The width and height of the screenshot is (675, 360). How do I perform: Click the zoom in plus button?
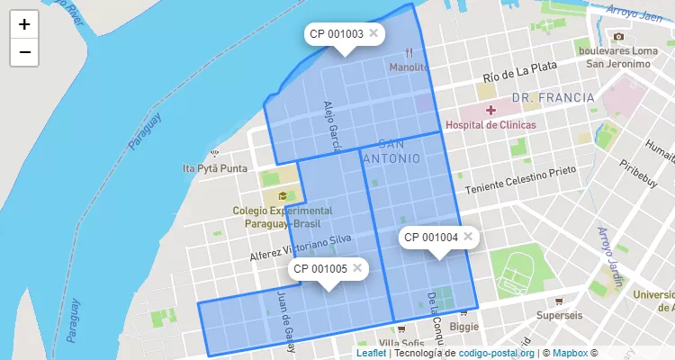click(x=24, y=24)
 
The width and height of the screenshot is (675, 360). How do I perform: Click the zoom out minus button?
click(x=24, y=52)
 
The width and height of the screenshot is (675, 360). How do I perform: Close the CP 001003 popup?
click(x=373, y=33)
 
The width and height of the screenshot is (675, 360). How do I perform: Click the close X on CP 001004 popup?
click(x=468, y=237)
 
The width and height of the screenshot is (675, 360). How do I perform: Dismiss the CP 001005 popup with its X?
click(x=357, y=267)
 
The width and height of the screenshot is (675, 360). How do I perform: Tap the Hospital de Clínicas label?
click(x=490, y=125)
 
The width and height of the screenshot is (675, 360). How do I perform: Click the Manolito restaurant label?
click(x=409, y=67)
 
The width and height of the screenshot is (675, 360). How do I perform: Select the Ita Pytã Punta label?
click(x=214, y=168)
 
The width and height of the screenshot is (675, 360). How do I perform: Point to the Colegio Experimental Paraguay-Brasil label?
click(x=283, y=216)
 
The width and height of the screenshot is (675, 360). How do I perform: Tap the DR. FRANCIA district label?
click(x=552, y=97)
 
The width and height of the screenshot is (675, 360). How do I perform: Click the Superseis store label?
click(x=560, y=316)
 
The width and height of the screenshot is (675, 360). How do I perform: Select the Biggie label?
click(x=464, y=328)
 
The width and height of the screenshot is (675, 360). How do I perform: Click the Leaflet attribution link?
click(x=371, y=354)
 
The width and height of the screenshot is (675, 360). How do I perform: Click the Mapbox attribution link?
click(x=571, y=354)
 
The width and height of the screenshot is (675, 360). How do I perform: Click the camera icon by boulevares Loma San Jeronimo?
click(x=617, y=36)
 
